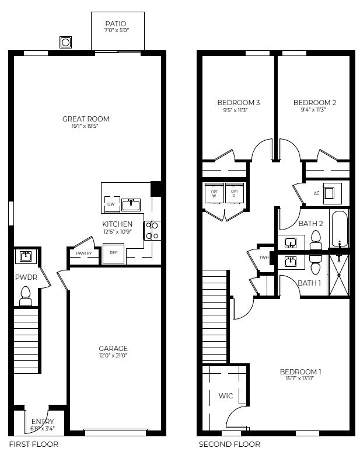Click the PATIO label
115,23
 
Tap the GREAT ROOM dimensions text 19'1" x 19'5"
86,126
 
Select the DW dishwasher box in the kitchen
111,204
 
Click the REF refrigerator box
114,253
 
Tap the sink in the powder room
25,256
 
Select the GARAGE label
113,349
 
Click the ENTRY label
43,422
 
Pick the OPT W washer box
214,194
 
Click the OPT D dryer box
235,194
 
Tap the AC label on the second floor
317,193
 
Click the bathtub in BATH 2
339,230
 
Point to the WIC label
226,396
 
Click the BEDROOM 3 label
238,103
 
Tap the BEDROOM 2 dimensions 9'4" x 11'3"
314,110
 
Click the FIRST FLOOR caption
33,444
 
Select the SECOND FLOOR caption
229,444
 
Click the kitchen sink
131,204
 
